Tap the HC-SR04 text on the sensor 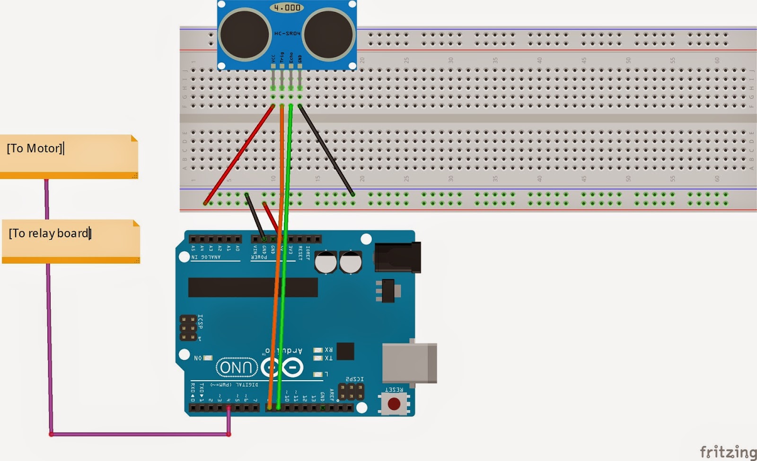[287, 34]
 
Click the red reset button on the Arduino [394, 404]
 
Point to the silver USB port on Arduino [410, 363]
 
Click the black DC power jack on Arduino [397, 257]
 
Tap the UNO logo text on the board [236, 368]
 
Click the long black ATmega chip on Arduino [253, 287]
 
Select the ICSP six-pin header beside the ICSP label [188, 328]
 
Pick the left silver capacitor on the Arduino [326, 262]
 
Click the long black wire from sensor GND [326, 150]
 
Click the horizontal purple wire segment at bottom [140, 434]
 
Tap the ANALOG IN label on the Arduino [206, 257]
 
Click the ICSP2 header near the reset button [351, 392]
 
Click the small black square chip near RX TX [345, 351]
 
